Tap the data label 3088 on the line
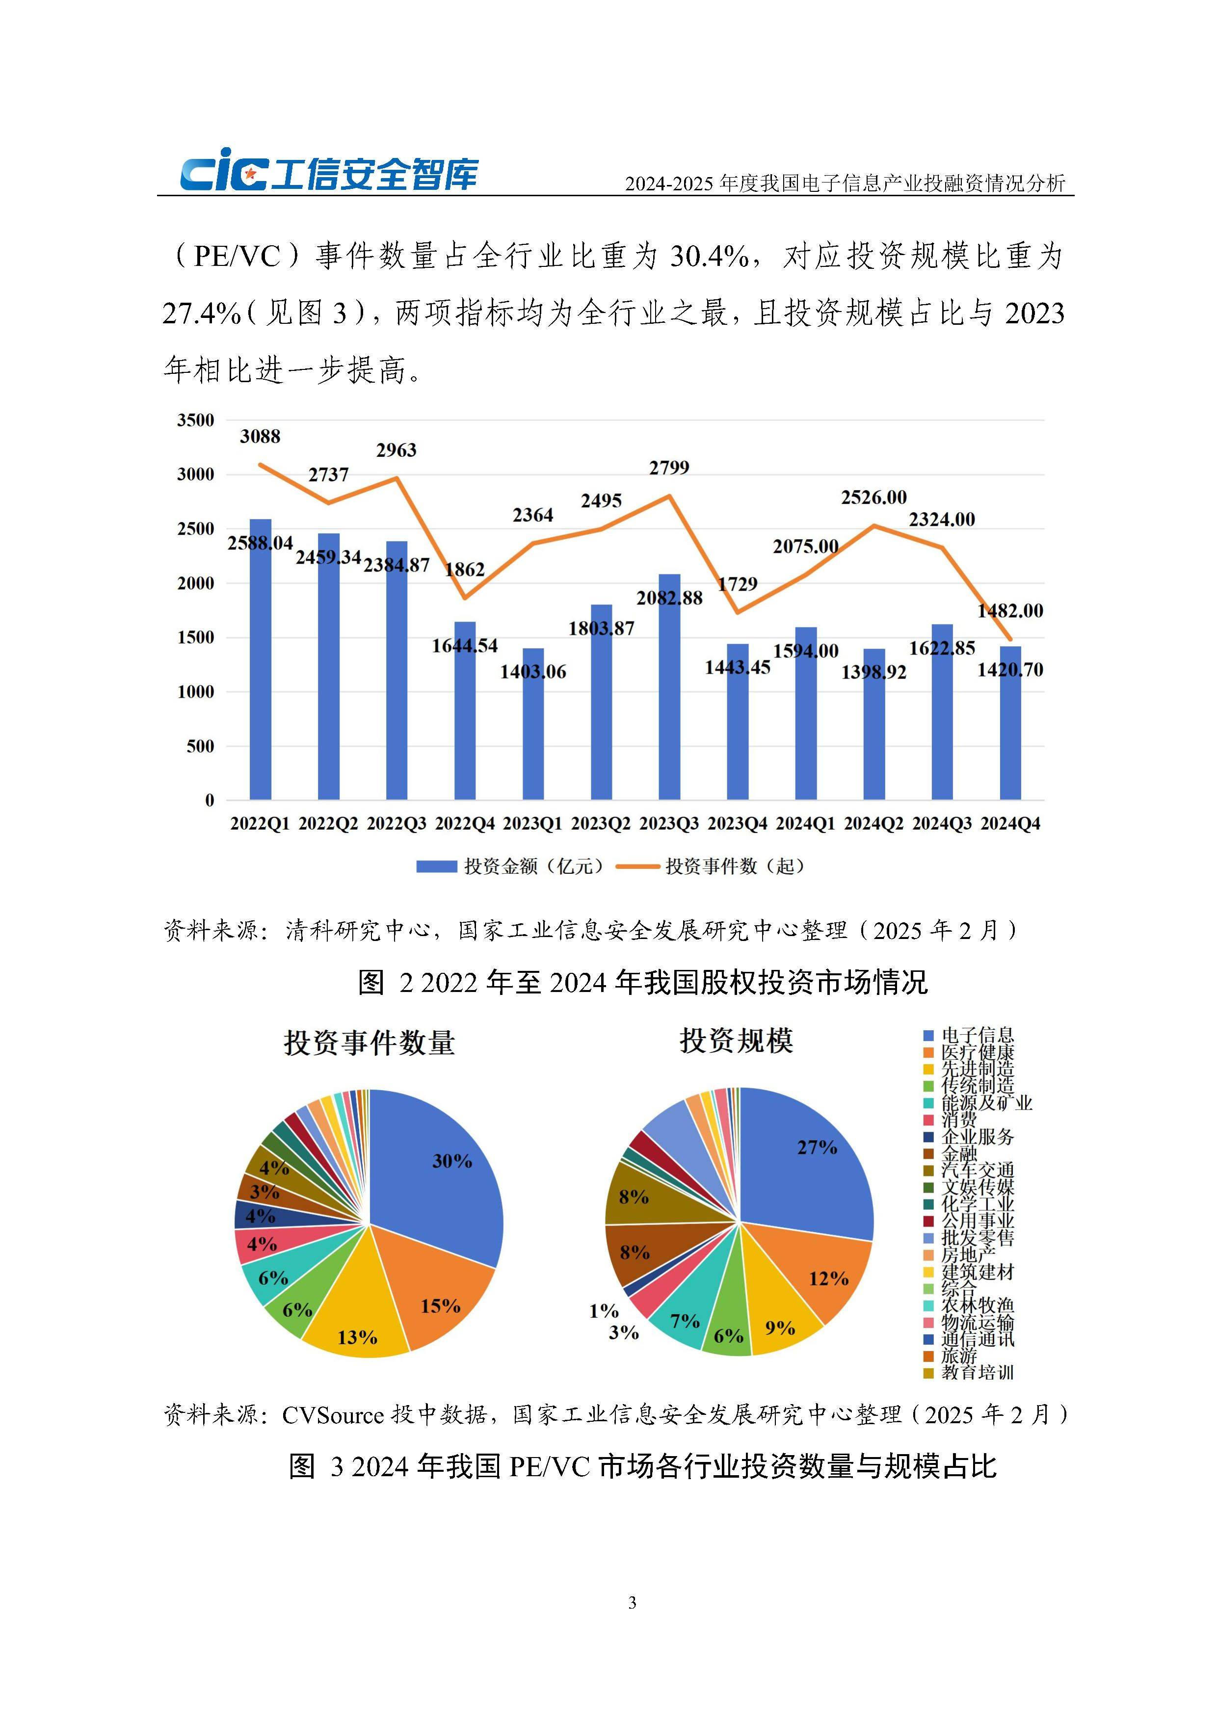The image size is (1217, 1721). click(x=260, y=436)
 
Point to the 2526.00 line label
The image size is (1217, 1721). click(x=873, y=498)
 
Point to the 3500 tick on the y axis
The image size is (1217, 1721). click(x=196, y=420)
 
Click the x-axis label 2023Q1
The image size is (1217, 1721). click(x=532, y=824)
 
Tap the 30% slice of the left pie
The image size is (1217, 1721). click(x=443, y=1169)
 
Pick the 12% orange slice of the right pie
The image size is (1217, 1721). click(x=825, y=1274)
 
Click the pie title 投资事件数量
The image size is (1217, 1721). click(x=369, y=1043)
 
